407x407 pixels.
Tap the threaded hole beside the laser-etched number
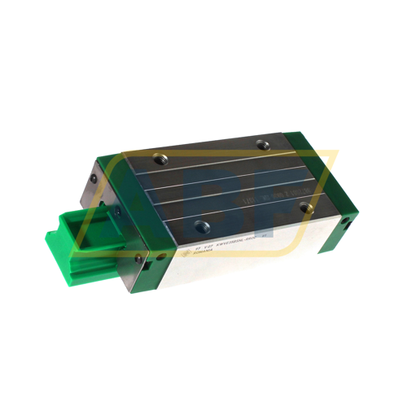click(x=304, y=208)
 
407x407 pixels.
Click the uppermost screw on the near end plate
click(x=96, y=175)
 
